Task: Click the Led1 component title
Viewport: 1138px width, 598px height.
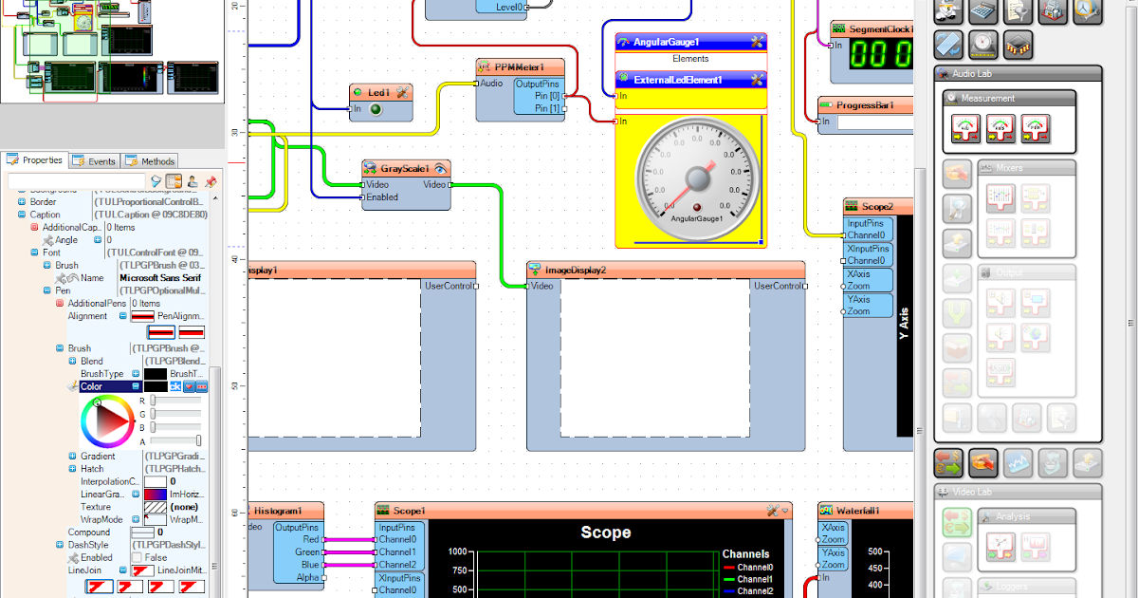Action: pyautogui.click(x=378, y=92)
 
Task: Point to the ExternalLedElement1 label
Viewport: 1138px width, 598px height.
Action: pyautogui.click(x=678, y=80)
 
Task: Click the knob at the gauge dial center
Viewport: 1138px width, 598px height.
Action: pyautogui.click(x=698, y=179)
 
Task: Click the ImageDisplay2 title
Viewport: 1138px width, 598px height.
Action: pyautogui.click(x=581, y=270)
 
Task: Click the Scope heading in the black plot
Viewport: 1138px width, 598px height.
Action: pyautogui.click(x=605, y=533)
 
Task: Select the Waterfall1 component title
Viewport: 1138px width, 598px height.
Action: pyautogui.click(x=857, y=511)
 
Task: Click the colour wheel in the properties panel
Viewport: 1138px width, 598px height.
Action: pyautogui.click(x=107, y=422)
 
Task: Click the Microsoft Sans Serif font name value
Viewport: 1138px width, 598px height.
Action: pyautogui.click(x=160, y=278)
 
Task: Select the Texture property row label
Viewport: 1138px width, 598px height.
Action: pyautogui.click(x=96, y=508)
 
